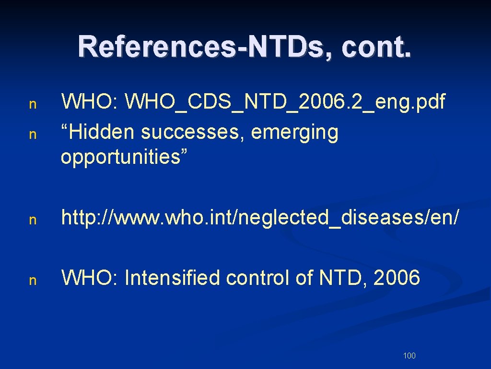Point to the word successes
coord(193,132)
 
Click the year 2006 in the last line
coord(397,278)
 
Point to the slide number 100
coord(409,356)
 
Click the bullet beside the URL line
coord(33,220)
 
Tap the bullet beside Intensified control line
coord(33,281)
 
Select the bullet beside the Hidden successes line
coord(33,135)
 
